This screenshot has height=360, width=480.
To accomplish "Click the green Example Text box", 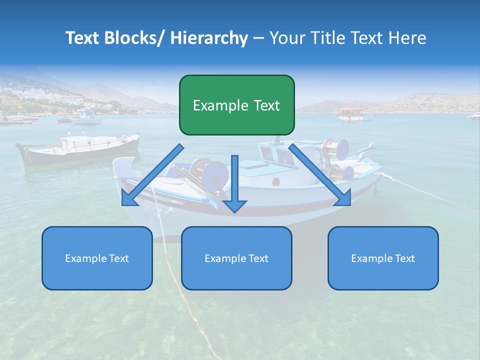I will (236, 105).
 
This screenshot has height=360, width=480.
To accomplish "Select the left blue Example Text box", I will (97, 258).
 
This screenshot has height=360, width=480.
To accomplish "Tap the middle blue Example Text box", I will (236, 258).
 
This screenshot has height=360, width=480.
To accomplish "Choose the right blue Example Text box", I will (383, 258).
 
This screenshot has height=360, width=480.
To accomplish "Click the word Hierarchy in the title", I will (209, 38).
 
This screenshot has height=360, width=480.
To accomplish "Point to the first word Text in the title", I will (82, 38).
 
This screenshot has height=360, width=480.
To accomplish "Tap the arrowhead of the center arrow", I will (234, 205).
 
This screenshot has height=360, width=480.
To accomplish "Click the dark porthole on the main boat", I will (275, 181).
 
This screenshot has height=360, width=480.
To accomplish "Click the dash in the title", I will (258, 38).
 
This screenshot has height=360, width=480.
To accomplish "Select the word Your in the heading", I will (286, 38).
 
